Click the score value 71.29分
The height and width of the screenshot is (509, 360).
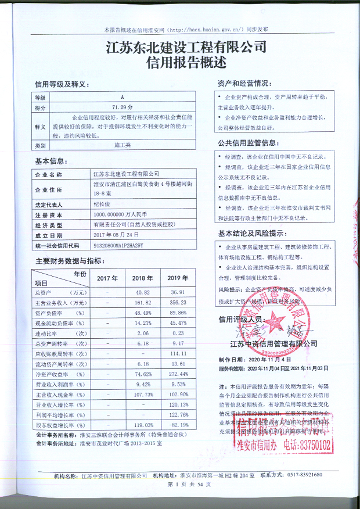[x=123, y=107]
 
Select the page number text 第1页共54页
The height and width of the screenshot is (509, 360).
[x=179, y=484]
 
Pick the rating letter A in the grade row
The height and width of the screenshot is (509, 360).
[x=123, y=98]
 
